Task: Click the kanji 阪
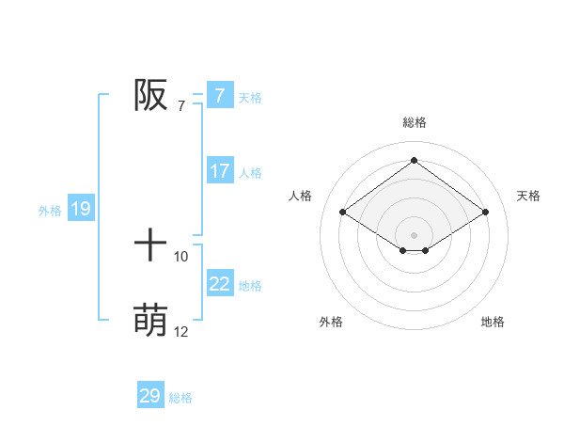[x=150, y=95]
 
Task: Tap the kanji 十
[x=150, y=246]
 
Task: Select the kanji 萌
[x=150, y=321]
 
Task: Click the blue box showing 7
[x=219, y=95]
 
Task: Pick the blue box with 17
[x=219, y=171]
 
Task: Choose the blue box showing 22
[x=219, y=284]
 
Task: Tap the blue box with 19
[x=81, y=209]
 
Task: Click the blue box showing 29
[x=150, y=396]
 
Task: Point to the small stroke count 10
[x=181, y=256]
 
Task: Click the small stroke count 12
[x=181, y=331]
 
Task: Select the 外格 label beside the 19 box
[x=50, y=211]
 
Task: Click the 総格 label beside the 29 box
[x=181, y=398]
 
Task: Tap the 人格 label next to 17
[x=250, y=173]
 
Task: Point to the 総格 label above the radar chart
[x=414, y=122]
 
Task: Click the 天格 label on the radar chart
[x=528, y=196]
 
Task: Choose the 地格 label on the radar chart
[x=493, y=322]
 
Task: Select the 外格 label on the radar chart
[x=331, y=322]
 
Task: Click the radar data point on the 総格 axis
[x=414, y=161]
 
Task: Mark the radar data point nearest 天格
[x=485, y=213]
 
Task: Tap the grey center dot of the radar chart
[x=414, y=234]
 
